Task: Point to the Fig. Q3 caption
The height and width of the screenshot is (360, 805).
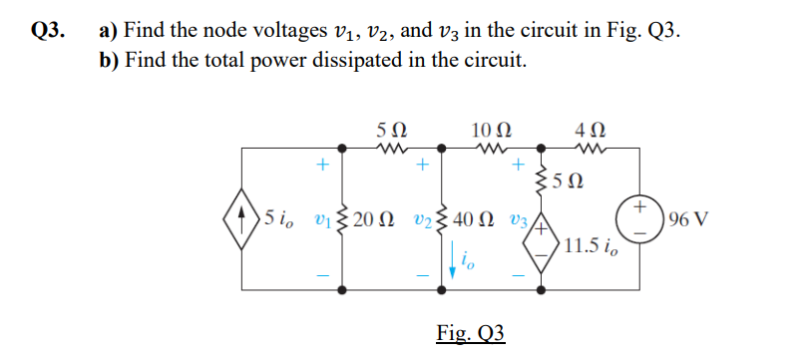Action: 472,332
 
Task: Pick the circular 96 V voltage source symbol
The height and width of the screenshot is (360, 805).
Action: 642,219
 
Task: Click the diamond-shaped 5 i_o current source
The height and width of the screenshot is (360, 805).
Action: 242,219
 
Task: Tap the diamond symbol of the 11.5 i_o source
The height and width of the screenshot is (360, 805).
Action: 542,240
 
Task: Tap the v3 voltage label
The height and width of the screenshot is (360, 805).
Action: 517,219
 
